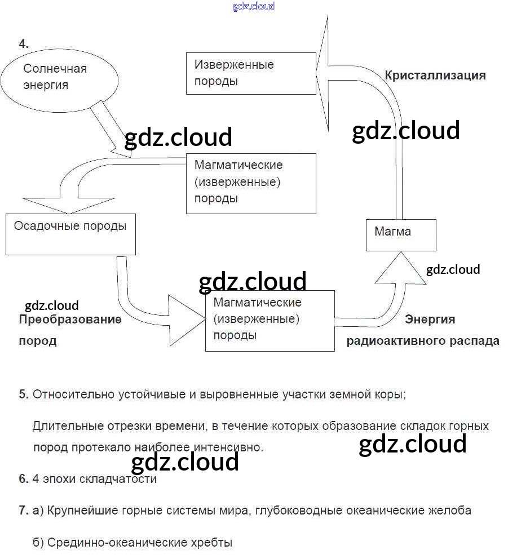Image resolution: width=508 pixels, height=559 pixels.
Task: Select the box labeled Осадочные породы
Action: tap(70, 234)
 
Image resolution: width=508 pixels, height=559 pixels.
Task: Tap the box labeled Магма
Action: tap(401, 236)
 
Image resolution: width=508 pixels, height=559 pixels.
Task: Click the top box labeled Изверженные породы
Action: tap(251, 73)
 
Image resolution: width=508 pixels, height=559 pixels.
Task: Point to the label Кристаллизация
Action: tap(435, 76)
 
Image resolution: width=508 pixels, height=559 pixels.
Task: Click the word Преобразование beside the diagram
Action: tap(70, 320)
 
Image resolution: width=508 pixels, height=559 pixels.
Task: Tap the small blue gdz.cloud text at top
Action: tap(254, 7)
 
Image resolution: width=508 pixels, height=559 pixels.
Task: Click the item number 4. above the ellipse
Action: tap(24, 43)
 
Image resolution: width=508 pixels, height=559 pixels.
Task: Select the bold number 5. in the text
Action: tap(24, 394)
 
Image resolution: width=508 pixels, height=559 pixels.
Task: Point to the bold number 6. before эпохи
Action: tap(24, 479)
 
